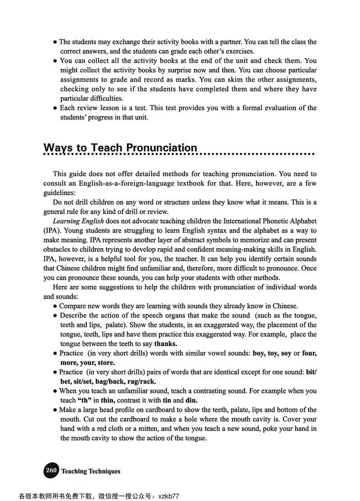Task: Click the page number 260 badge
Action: [51, 470]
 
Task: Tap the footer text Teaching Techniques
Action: [91, 471]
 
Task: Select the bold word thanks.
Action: [165, 344]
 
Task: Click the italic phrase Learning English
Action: [78, 221]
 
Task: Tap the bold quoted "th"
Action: [85, 400]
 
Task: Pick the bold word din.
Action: [192, 400]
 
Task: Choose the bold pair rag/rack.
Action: [142, 381]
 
